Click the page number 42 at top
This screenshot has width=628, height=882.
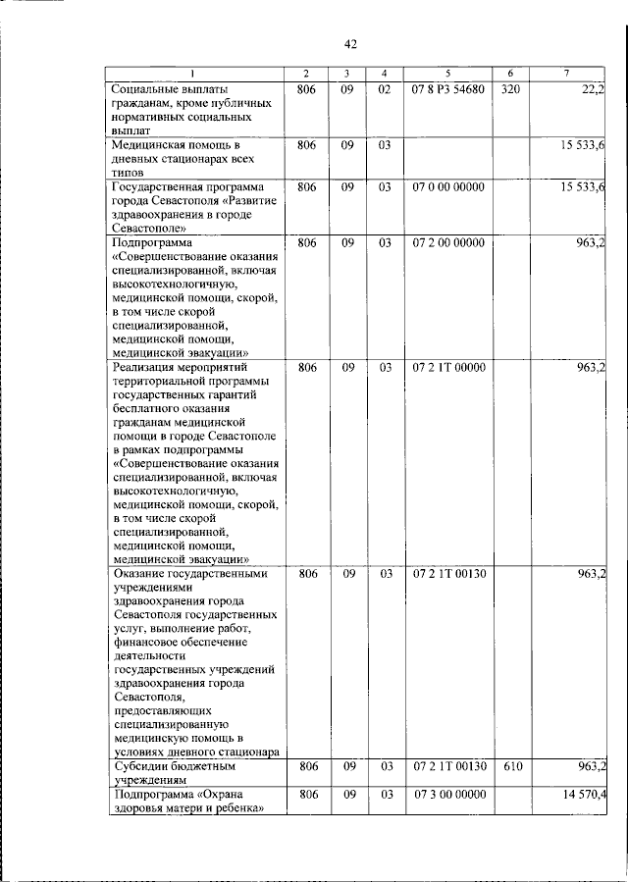[x=350, y=44]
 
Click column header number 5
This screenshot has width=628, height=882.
[x=447, y=75]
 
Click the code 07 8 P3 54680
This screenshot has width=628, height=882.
[x=447, y=90]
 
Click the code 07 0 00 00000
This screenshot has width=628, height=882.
[x=447, y=186]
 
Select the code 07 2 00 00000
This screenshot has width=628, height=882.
[x=447, y=241]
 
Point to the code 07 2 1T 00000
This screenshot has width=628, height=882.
[x=447, y=367]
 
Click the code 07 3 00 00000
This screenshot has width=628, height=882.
[x=448, y=793]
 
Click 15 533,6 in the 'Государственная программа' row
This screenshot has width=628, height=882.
[x=583, y=186]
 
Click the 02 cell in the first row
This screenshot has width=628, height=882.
[x=385, y=90]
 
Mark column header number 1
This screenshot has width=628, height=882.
[x=193, y=75]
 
